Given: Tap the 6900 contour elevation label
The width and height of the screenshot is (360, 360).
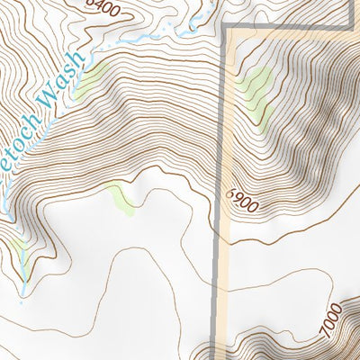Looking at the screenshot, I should coord(242,200).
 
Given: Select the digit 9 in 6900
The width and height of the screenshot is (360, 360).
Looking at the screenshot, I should coord(237,197).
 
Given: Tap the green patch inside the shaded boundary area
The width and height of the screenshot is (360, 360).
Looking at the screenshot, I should coord(256,88).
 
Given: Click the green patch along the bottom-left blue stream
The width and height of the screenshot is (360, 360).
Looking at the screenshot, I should coord(19,263).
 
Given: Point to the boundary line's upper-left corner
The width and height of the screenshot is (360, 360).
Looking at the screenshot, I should coord(224,29).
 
